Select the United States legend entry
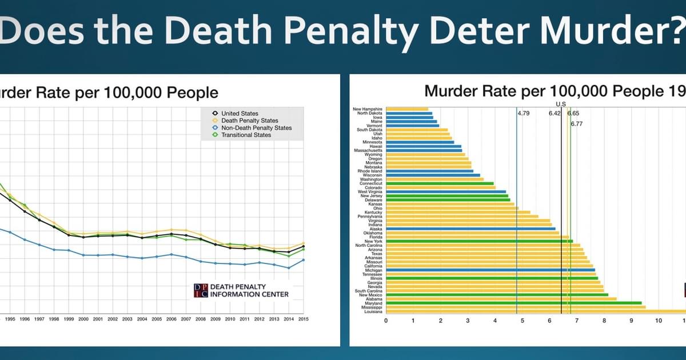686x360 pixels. click(x=240, y=114)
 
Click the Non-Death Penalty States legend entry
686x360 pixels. click(x=256, y=128)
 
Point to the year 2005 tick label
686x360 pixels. click(x=157, y=319)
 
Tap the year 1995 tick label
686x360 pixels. click(x=10, y=319)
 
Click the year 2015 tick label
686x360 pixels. click(x=303, y=319)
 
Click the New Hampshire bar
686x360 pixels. click(x=407, y=109)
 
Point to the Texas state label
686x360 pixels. click(x=377, y=254)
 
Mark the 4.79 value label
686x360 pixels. click(x=524, y=114)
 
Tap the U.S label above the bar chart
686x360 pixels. click(x=561, y=104)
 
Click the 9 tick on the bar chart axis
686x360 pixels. click(x=631, y=320)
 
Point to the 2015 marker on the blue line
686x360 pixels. click(x=303, y=260)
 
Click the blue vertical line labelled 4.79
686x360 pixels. click(x=517, y=217)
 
